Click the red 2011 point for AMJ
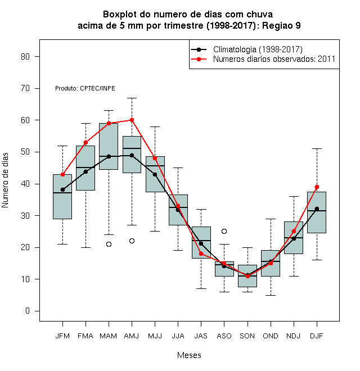pos(132,120)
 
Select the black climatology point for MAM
pos(109,156)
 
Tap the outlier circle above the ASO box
pos(224,231)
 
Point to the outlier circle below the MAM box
pos(109,244)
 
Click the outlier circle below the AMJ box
pos(132,241)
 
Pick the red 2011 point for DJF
pos(317,187)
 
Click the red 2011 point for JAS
pos(201,254)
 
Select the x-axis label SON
pos(247,336)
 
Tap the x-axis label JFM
pos(62,336)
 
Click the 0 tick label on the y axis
pos(28,311)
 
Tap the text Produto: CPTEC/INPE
pos(85,88)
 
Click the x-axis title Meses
pos(189,355)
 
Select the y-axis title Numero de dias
pos(5,180)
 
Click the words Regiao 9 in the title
pos(281,25)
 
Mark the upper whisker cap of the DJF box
pos(317,148)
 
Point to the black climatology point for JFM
pos(62,189)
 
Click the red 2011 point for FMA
pos(85,142)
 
